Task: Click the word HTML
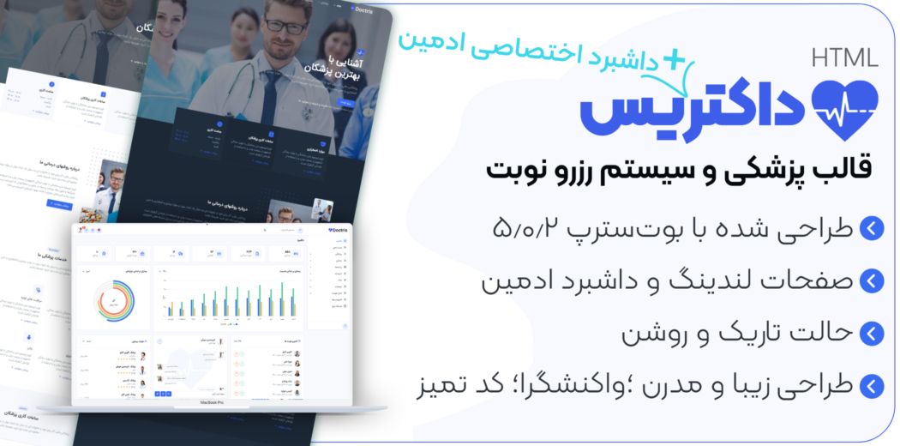click(x=844, y=58)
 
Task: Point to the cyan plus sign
click(x=677, y=58)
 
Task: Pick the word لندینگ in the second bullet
click(x=687, y=281)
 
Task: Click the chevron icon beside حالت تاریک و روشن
click(x=871, y=333)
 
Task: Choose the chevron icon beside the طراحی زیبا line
click(x=871, y=385)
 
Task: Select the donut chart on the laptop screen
click(x=112, y=298)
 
